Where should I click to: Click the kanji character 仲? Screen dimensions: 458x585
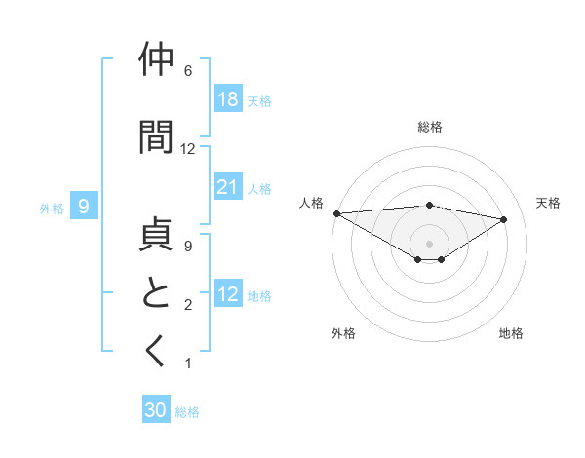(157, 60)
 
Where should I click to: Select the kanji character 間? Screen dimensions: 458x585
(157, 136)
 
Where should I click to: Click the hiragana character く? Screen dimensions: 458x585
(157, 352)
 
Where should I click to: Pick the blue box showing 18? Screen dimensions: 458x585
(228, 99)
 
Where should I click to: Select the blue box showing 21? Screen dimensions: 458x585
(228, 187)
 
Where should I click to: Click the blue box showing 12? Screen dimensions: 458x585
(228, 294)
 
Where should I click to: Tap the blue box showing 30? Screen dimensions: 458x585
(156, 410)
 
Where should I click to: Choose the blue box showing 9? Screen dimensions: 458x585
(85, 206)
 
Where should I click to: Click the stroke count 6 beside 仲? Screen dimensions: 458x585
(188, 71)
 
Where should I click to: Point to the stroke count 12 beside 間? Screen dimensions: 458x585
(188, 149)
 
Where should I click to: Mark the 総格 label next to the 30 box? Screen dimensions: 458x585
(188, 412)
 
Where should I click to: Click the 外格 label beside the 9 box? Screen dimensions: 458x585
(52, 208)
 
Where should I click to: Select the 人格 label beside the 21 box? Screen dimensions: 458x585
(259, 188)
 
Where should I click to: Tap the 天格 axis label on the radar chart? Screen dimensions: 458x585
(549, 203)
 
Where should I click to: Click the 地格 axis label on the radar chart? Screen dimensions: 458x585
(511, 333)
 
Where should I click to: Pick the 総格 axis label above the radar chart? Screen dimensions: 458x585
(429, 127)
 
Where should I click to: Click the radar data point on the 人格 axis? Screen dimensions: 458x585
(336, 212)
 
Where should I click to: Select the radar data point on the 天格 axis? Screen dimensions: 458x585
(504, 218)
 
